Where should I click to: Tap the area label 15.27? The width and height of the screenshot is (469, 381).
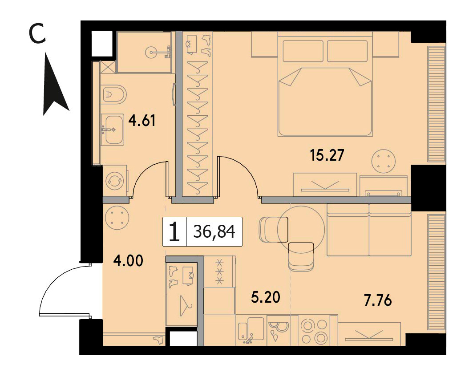[x=327, y=156]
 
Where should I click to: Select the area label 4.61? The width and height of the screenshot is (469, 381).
[x=142, y=121]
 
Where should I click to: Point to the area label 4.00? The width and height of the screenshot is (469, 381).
[x=128, y=261]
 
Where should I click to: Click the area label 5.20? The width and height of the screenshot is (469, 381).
[x=266, y=297]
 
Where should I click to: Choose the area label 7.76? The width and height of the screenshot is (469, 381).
[x=377, y=300]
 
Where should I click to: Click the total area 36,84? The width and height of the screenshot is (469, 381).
[x=214, y=231]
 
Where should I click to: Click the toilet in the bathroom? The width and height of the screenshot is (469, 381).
[x=113, y=94]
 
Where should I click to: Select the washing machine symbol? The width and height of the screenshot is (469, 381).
[x=115, y=180]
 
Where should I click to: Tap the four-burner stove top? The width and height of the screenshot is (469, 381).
[x=314, y=330]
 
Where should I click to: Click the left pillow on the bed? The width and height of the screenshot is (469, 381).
[x=303, y=51]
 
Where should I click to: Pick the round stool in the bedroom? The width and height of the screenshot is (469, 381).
[x=384, y=161]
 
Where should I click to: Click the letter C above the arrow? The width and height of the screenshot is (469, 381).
[x=37, y=34]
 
